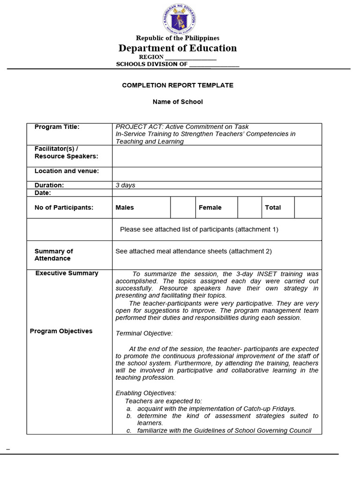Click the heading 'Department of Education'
(x=178, y=48)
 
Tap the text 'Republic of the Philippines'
(x=178, y=38)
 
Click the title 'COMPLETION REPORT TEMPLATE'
(x=178, y=85)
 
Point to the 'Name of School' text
(x=178, y=102)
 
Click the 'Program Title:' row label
(x=57, y=127)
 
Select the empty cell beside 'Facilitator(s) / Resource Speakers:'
(x=217, y=156)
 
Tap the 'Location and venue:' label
(x=67, y=171)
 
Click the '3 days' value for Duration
(x=125, y=185)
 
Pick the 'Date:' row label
(x=43, y=193)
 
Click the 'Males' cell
(x=125, y=208)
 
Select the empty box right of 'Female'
(x=249, y=208)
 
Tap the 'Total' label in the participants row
(x=273, y=208)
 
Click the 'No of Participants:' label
(x=64, y=208)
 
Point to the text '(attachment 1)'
(x=257, y=230)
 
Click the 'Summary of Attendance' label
(x=53, y=255)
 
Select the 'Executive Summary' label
(x=67, y=273)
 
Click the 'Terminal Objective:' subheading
(x=144, y=333)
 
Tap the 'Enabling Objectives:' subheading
(x=146, y=393)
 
